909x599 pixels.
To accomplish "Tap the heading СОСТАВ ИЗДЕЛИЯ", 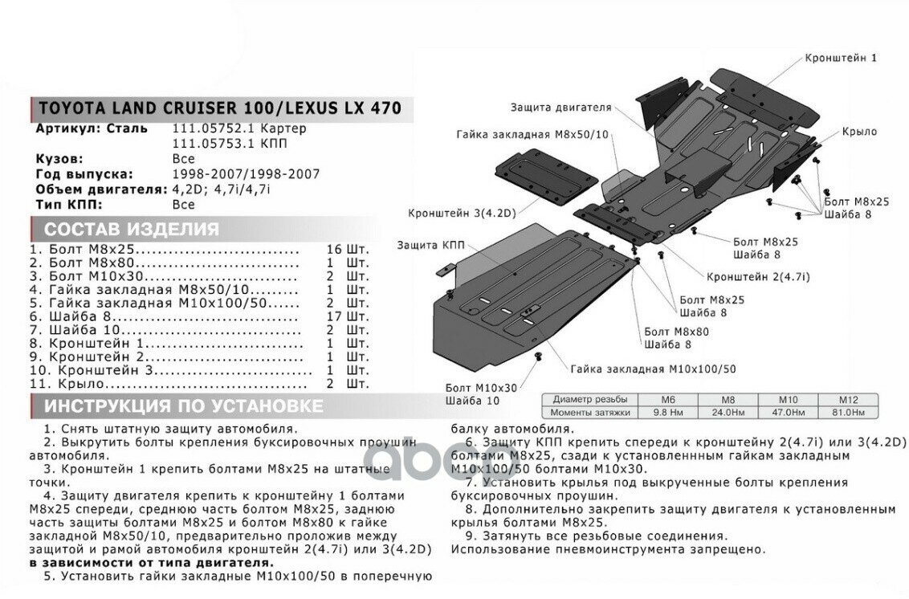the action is tap(132, 229).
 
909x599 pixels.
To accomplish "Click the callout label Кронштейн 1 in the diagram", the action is tap(841, 58).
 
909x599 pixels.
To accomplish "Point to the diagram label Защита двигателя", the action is tap(560, 107).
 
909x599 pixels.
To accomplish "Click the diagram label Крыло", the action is tap(859, 132).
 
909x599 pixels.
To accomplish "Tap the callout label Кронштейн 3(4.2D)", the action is tap(461, 214).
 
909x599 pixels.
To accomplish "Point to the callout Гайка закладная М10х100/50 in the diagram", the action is tap(654, 369).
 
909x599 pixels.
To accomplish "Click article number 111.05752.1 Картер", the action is tap(239, 128).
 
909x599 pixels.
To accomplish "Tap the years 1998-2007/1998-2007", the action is tap(246, 174).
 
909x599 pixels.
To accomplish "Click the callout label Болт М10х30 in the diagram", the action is tap(482, 387).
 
